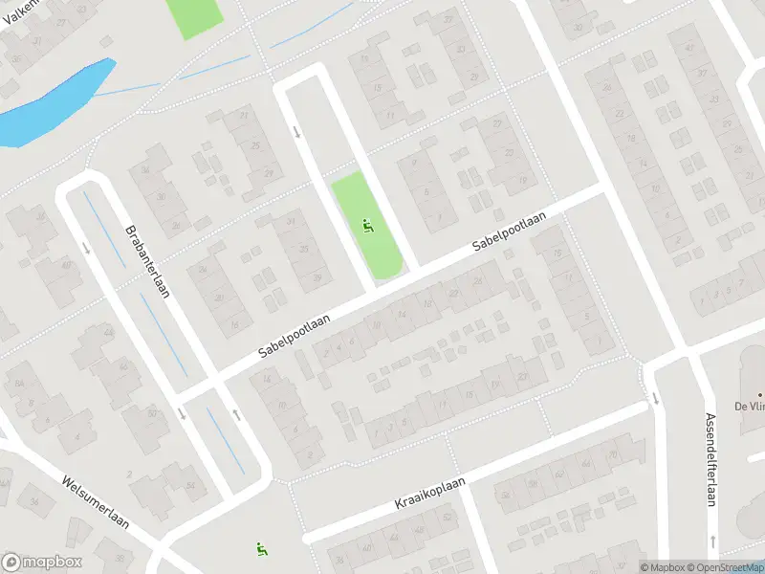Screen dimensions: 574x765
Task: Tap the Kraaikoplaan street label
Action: point(429,495)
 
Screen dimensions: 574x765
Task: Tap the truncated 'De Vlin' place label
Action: point(749,405)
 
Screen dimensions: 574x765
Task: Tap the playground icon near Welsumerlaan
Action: point(260,549)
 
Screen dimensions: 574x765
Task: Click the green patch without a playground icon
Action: point(194,16)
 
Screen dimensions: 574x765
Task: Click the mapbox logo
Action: point(42,563)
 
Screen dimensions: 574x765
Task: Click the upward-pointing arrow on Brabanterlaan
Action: point(235,415)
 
